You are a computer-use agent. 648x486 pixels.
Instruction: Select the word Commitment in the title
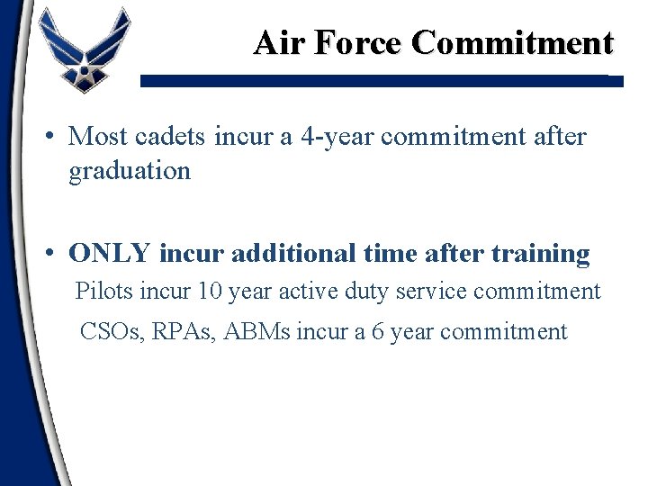[x=513, y=42]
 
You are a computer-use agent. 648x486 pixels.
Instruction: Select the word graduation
[x=130, y=170]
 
